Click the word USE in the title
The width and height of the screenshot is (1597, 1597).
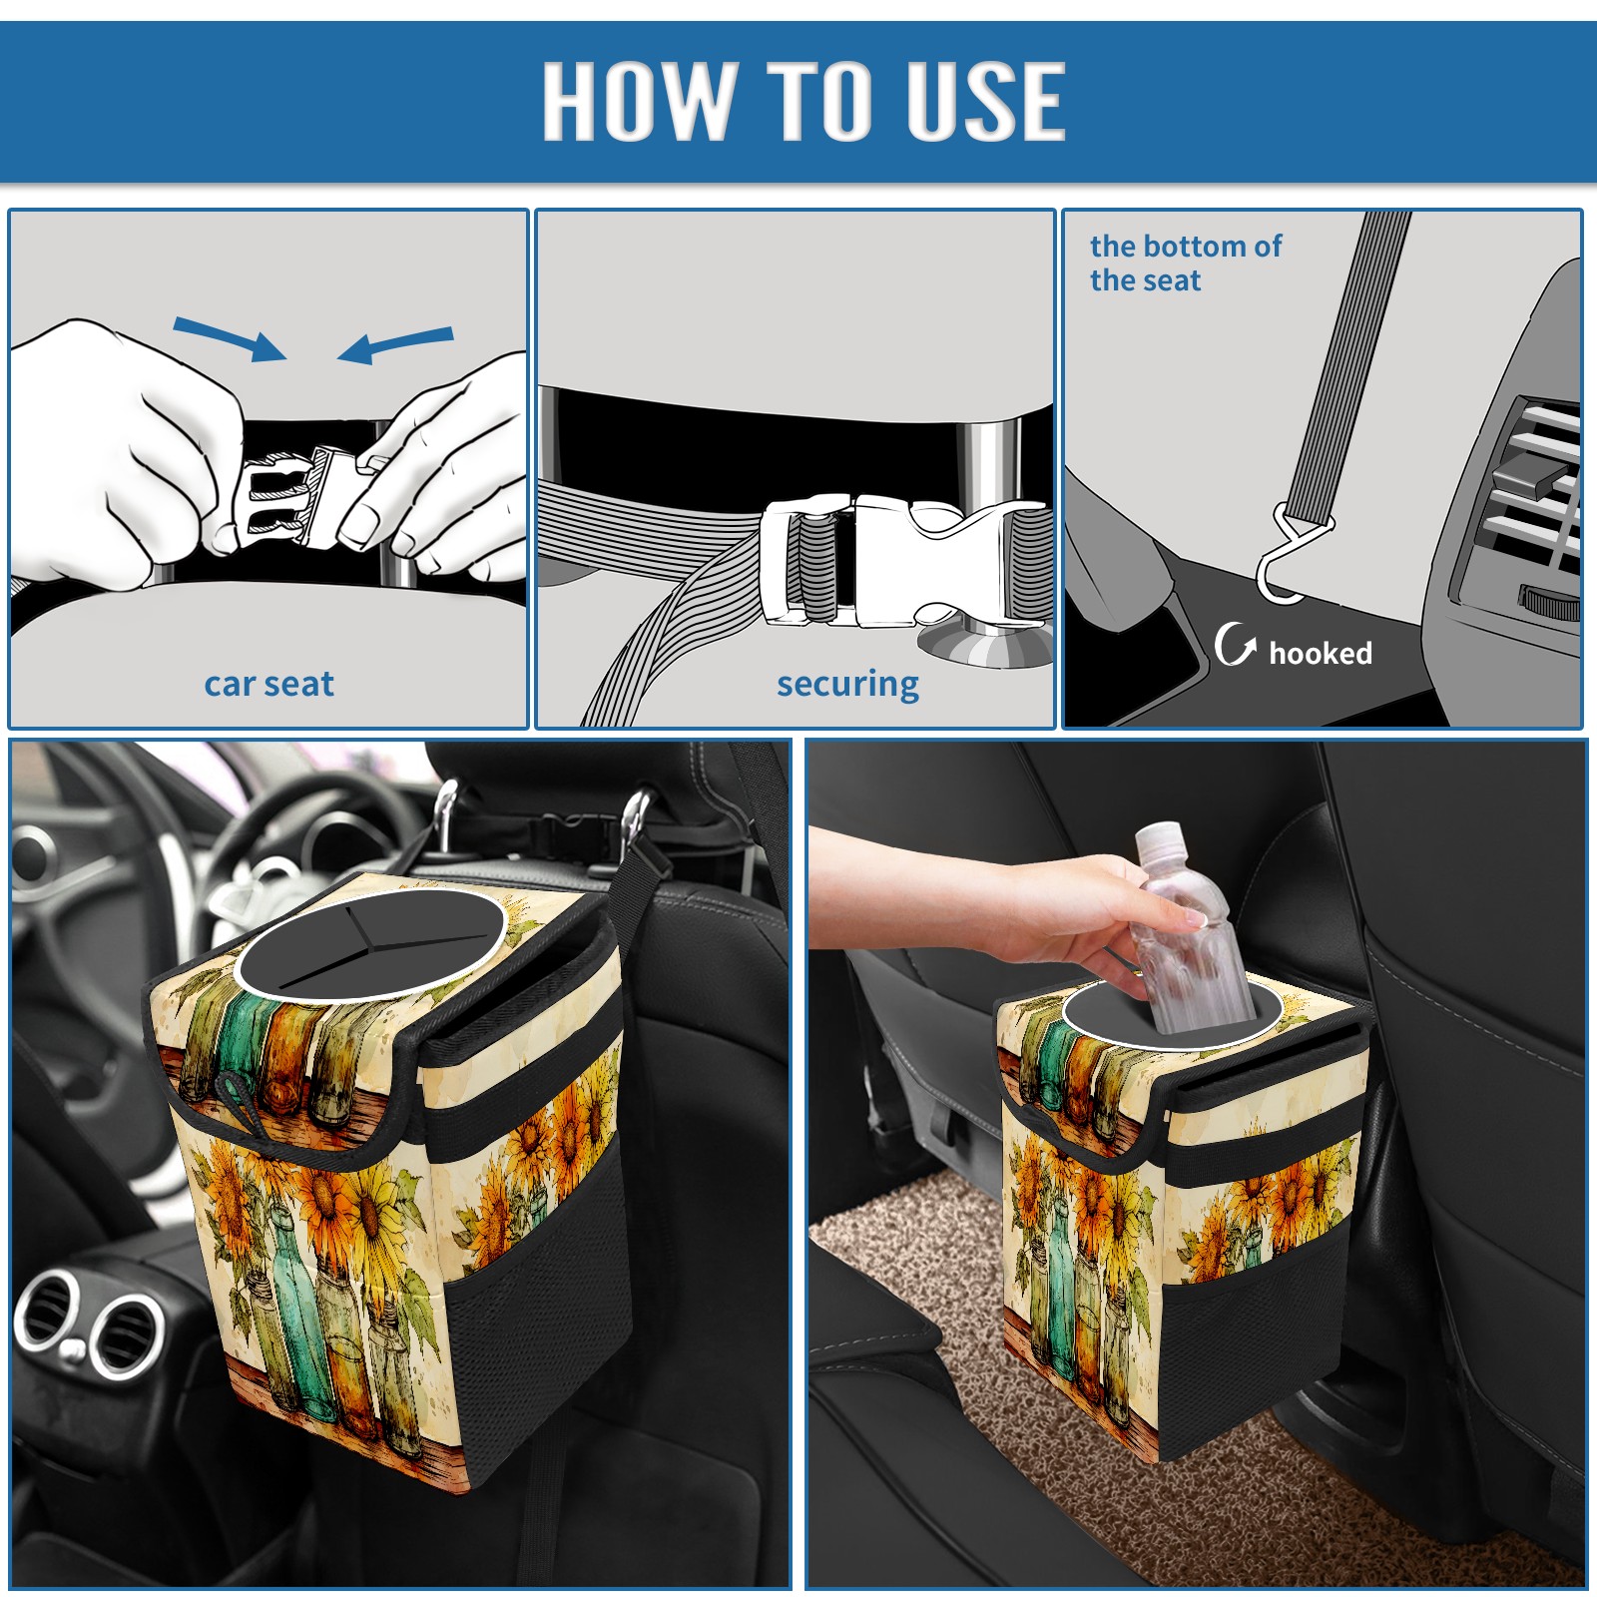point(986,100)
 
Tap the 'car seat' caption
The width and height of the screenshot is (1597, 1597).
point(268,684)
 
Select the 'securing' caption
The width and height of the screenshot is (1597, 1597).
point(847,685)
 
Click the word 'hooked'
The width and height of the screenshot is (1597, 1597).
point(1321,653)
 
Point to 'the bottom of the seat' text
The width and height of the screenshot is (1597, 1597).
point(1185,263)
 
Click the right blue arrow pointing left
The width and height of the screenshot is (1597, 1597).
point(395,345)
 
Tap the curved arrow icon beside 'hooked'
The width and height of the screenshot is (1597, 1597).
point(1236,644)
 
